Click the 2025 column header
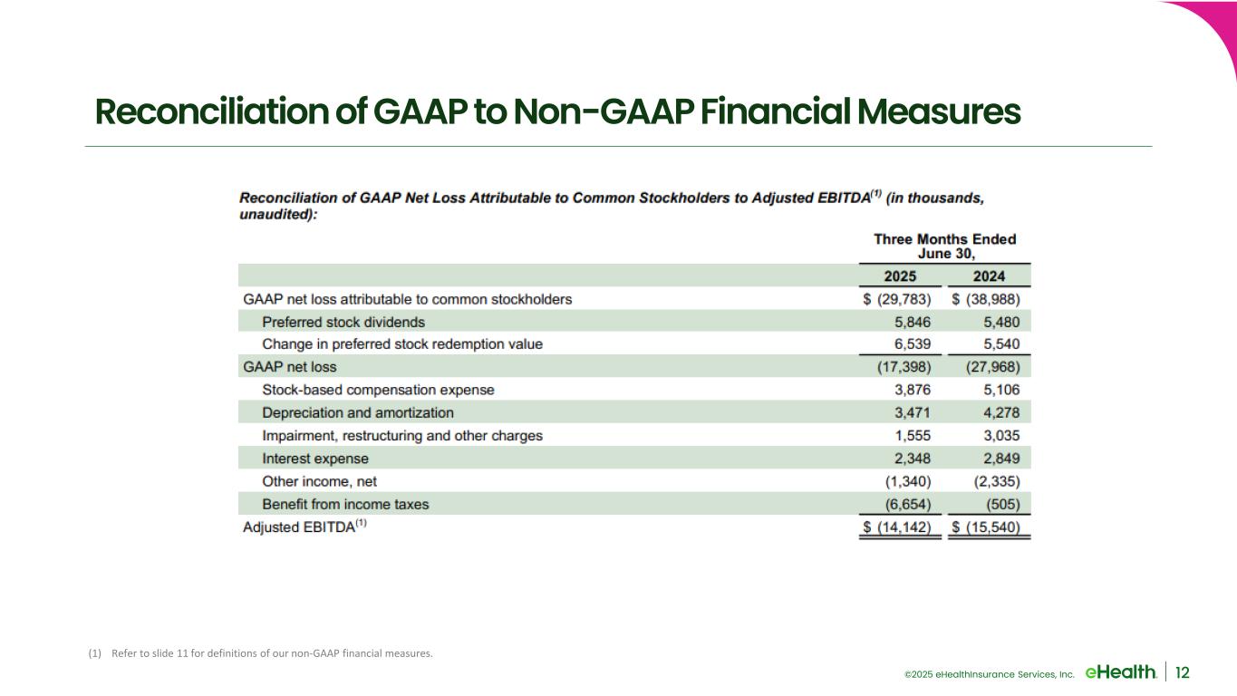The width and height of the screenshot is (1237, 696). (x=902, y=276)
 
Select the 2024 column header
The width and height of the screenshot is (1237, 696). (x=990, y=276)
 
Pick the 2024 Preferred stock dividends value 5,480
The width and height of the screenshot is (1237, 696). (x=1006, y=322)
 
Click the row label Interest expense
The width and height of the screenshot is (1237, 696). (x=315, y=459)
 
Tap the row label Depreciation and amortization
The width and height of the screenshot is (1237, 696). (x=358, y=412)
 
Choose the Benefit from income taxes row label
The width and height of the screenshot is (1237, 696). (x=345, y=504)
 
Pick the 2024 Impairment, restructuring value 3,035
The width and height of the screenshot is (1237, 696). (x=1006, y=436)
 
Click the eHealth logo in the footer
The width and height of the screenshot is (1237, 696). (x=1120, y=672)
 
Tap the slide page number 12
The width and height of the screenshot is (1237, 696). (x=1183, y=672)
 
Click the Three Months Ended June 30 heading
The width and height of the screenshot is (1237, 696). (x=944, y=246)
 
